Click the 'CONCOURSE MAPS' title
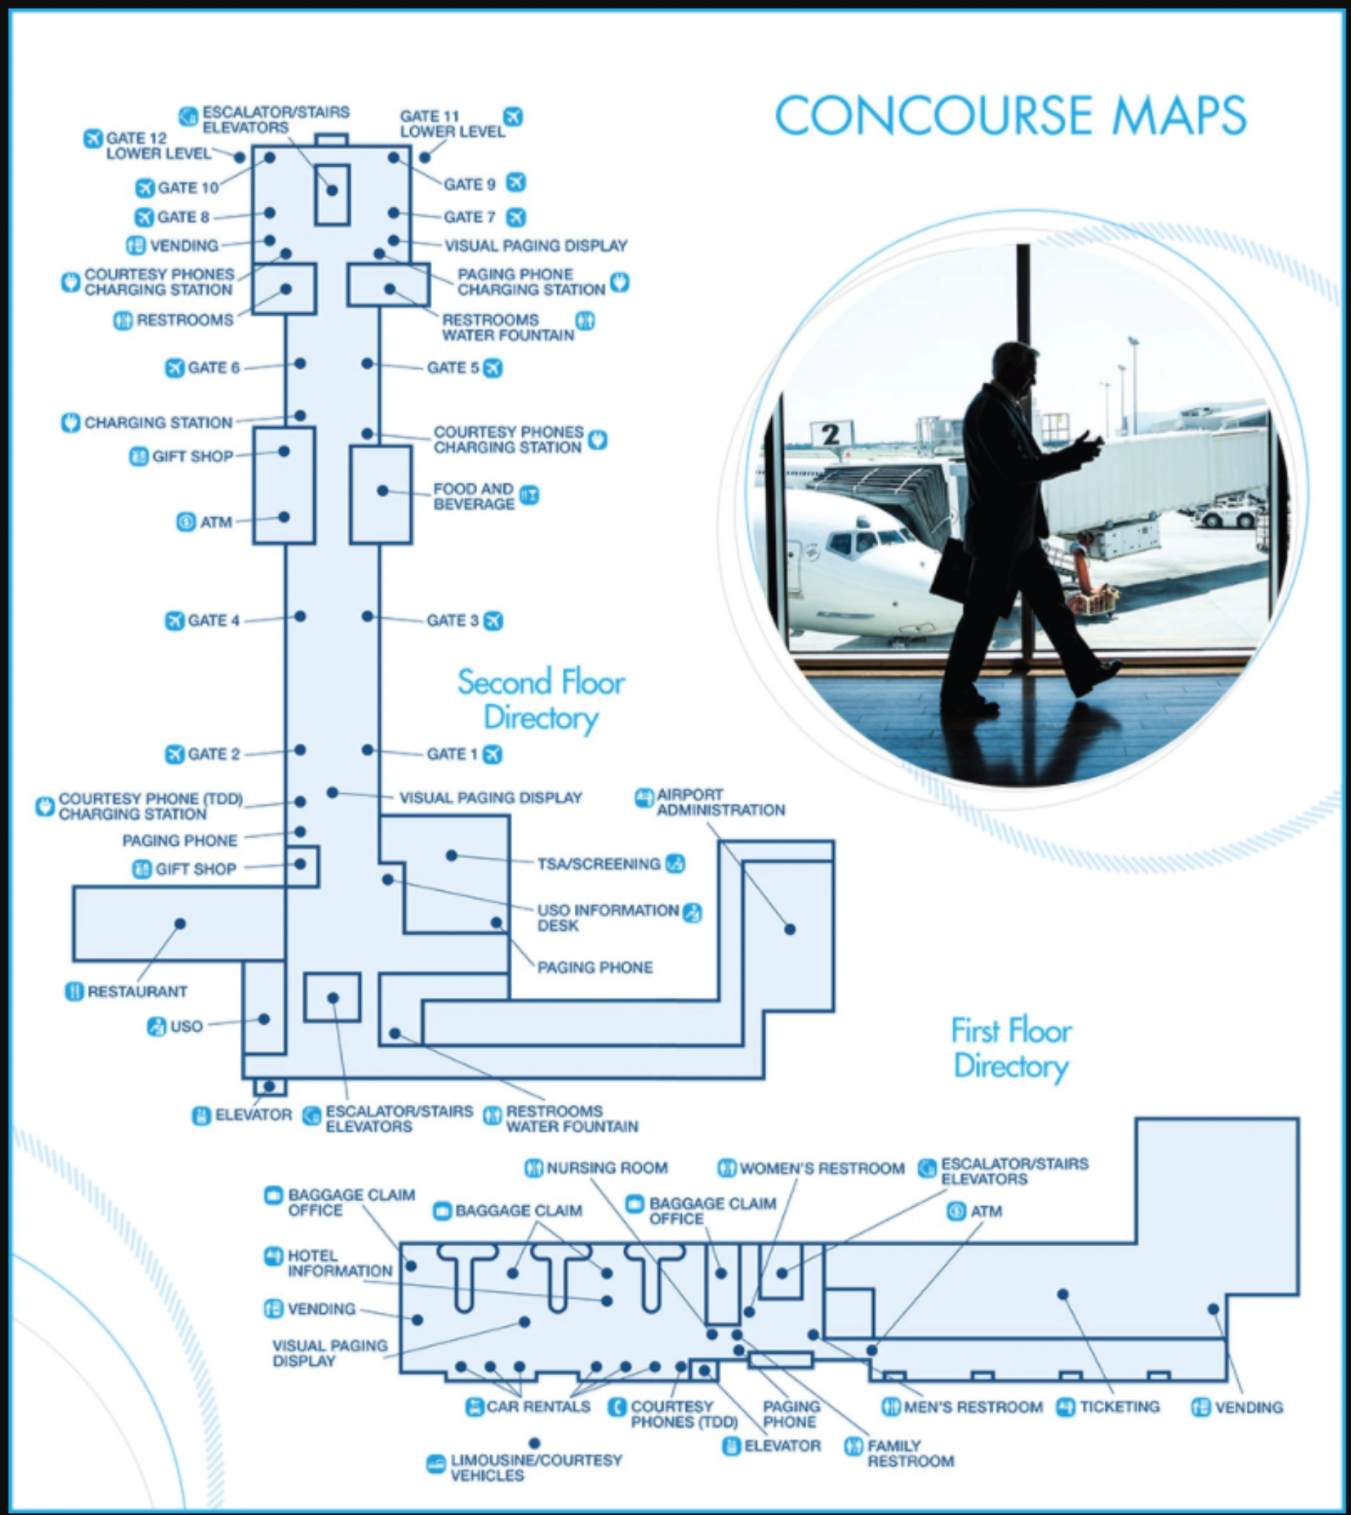[x=1010, y=115]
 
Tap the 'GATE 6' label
[x=214, y=368]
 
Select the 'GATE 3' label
[x=453, y=621]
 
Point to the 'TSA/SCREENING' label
[x=599, y=864]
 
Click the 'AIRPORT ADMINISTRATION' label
[x=721, y=802]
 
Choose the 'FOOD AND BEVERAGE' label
[x=474, y=497]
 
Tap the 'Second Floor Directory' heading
[x=541, y=700]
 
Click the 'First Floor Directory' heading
[x=1012, y=1048]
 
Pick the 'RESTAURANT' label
[x=137, y=991]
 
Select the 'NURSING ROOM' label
[x=607, y=1167]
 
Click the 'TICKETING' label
[x=1120, y=1407]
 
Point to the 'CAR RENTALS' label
[x=538, y=1407]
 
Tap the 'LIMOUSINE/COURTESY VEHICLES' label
[x=536, y=1467]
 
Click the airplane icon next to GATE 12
[x=93, y=139]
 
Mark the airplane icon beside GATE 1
[x=492, y=754]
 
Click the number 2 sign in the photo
[x=830, y=434]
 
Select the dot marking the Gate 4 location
[x=300, y=616]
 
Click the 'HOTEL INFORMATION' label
[x=340, y=1263]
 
